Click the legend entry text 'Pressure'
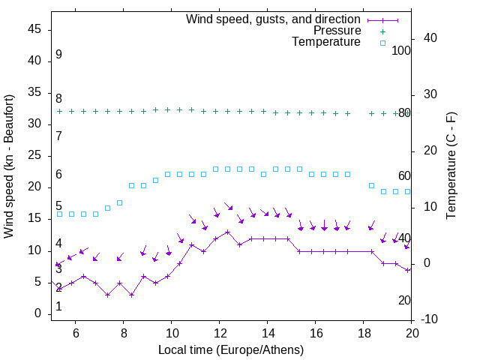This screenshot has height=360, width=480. point(337,31)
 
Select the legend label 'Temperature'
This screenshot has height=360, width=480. point(326,43)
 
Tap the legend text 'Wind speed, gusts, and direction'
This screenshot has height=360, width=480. point(274,19)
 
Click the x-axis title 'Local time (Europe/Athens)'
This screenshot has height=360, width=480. point(231,350)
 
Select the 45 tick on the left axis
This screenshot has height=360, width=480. point(35,29)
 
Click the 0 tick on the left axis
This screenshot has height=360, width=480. point(39,313)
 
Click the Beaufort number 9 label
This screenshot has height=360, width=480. point(58,55)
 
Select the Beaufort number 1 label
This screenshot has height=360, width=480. point(58,307)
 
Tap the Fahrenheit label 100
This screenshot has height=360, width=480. point(402,50)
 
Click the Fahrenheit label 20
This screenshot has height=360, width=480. point(405,300)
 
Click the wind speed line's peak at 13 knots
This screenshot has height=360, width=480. point(227,232)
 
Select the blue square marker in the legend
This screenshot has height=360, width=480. point(382,43)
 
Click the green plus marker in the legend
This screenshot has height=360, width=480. point(382,31)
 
